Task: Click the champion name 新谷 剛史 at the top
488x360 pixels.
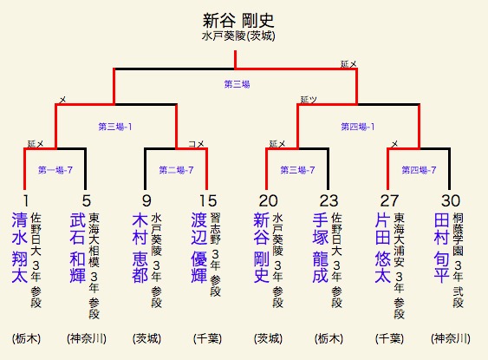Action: coord(238,21)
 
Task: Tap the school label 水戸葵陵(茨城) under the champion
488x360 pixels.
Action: coord(238,36)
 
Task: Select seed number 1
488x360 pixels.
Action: coord(25,200)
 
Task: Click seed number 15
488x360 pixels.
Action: coord(208,200)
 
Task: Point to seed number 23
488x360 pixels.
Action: coord(329,200)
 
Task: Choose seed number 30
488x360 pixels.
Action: coord(451,200)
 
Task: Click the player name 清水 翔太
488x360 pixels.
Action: coord(20,248)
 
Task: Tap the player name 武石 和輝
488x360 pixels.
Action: coord(78,248)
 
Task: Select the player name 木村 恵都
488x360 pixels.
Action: coord(140,248)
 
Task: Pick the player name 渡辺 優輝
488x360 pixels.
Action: coord(198,248)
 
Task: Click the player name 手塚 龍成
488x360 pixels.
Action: coord(320,248)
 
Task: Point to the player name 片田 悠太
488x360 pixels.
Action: coord(382,248)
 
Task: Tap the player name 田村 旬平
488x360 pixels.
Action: coord(441,248)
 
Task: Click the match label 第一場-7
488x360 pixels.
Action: coord(55,170)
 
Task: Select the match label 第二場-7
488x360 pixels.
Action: coord(177,170)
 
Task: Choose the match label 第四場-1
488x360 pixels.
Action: coord(358,127)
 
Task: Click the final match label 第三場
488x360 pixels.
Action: coord(237,84)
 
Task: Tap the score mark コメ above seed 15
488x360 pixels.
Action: coord(197,144)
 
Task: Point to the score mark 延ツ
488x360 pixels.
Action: coord(309,100)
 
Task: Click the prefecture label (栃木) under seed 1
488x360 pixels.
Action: coord(27,338)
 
